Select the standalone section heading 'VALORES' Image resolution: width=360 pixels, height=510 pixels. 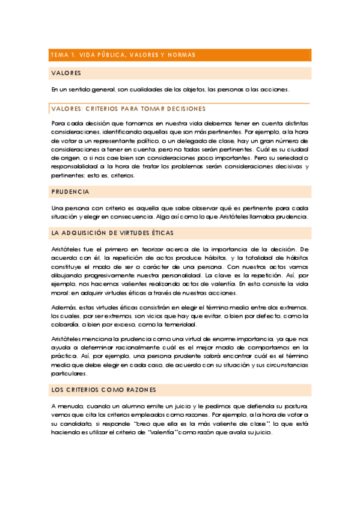point(66,73)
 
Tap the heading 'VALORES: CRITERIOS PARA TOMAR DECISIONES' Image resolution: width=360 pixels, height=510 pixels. point(129,109)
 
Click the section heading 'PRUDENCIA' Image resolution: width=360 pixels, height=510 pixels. point(70,192)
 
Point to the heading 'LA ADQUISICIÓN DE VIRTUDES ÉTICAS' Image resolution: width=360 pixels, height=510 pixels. point(112,232)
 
